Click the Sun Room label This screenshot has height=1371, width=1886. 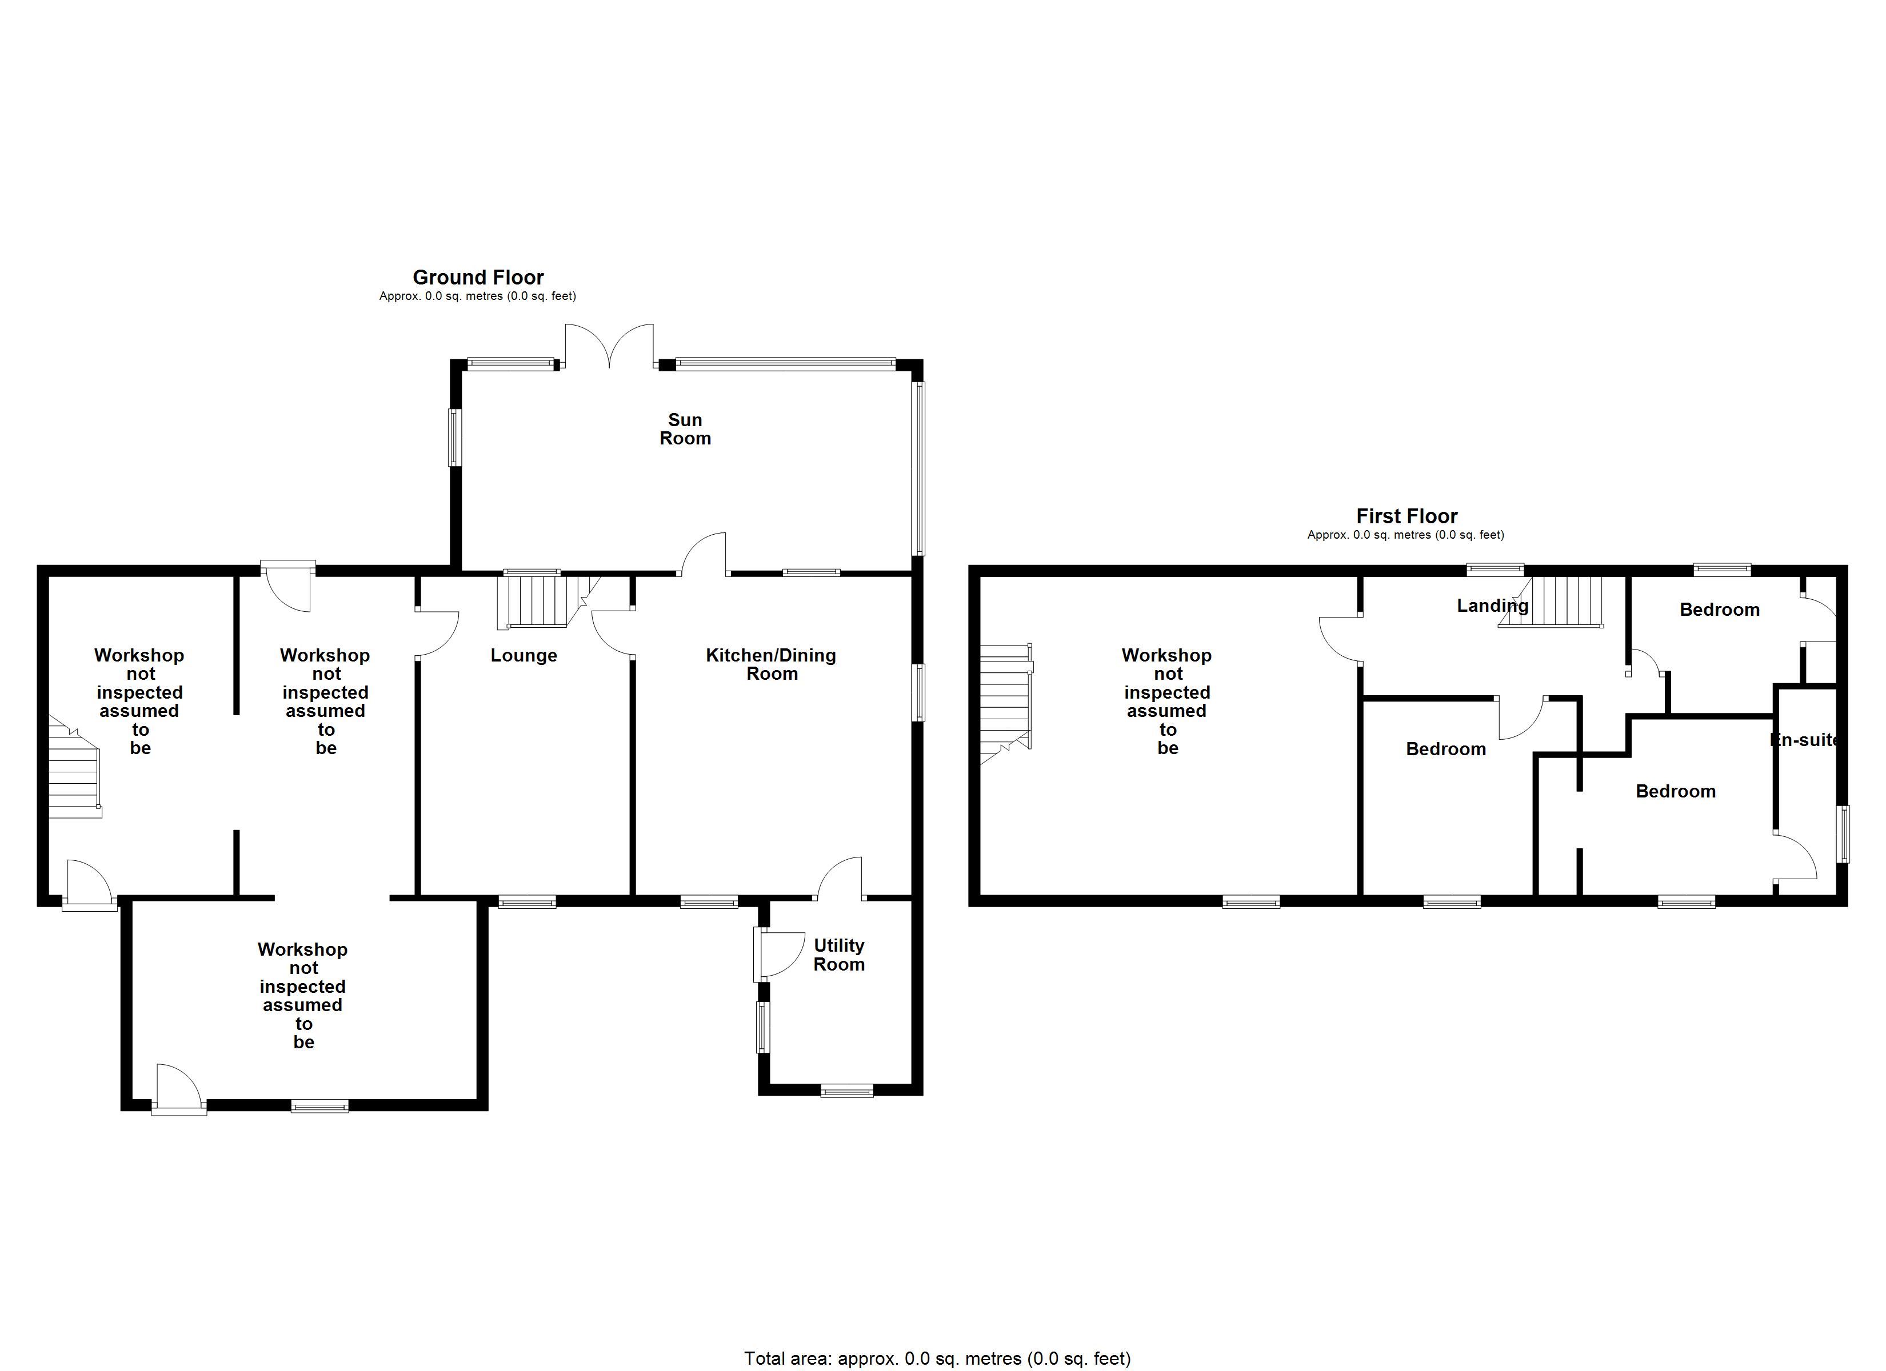(x=685, y=429)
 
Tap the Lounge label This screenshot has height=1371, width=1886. (x=524, y=655)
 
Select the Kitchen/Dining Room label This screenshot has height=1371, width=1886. (x=771, y=664)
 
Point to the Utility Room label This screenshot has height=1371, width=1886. (x=839, y=955)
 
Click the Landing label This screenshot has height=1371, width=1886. (x=1493, y=606)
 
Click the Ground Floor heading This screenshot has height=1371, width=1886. (x=478, y=277)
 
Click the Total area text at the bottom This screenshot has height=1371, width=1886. (x=937, y=1358)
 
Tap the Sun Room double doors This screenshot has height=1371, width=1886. (x=610, y=345)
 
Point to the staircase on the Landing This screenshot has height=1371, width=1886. (x=1551, y=601)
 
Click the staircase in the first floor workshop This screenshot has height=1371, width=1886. (x=1006, y=703)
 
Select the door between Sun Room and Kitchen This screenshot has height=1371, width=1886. (x=704, y=554)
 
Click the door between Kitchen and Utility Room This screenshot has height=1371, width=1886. (x=840, y=879)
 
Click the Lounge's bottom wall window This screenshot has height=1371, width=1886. (x=527, y=901)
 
